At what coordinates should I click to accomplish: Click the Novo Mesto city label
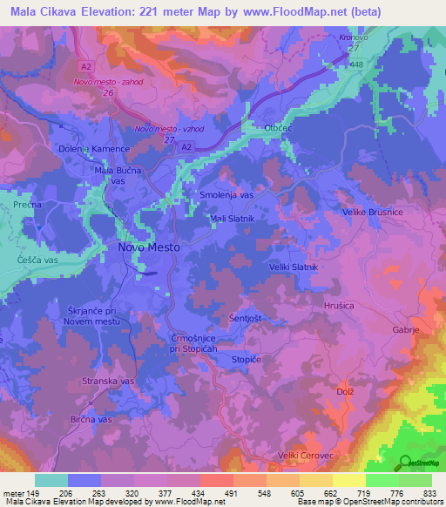pos(148,247)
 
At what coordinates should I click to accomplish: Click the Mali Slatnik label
pos(232,219)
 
